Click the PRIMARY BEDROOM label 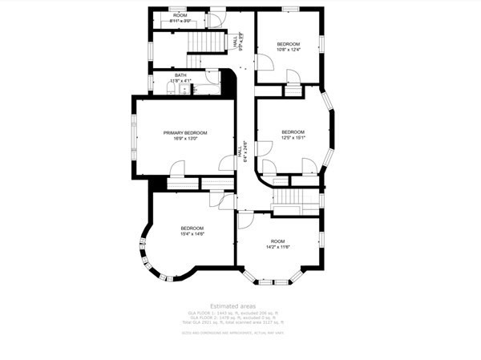(185, 132)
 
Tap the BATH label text (180, 75)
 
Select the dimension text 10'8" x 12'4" (289, 50)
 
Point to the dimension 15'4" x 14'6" (192, 234)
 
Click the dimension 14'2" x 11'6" (277, 247)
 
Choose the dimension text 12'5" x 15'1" (293, 138)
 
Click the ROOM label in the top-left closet (180, 16)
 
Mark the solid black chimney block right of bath (228, 82)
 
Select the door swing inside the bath (212, 77)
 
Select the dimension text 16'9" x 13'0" (185, 139)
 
